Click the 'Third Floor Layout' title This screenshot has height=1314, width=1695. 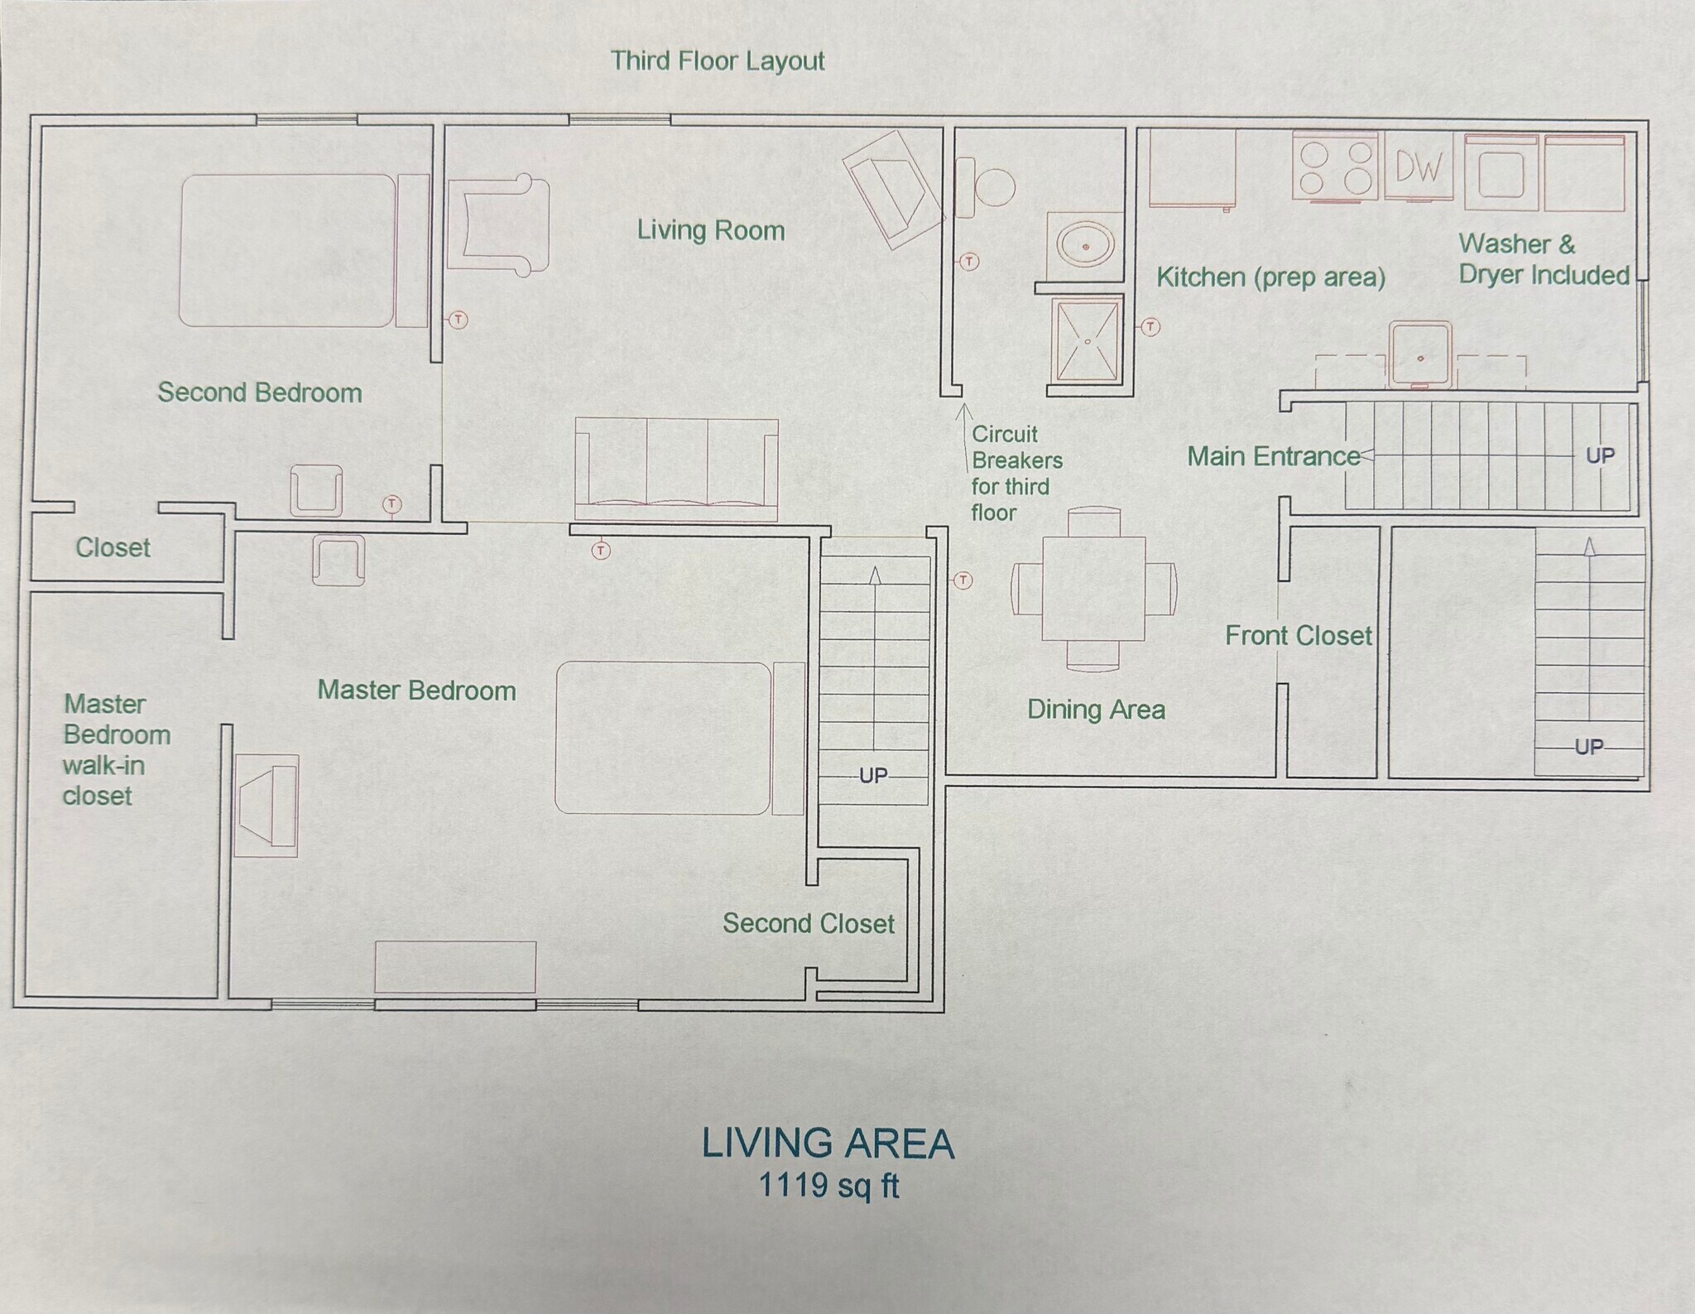(718, 61)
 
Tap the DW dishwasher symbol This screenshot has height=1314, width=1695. (1419, 168)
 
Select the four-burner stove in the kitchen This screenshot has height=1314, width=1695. (1334, 169)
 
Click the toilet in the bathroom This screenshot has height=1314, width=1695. (985, 188)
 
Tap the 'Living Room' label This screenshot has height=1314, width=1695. (710, 230)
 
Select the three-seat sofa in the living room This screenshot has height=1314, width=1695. (677, 470)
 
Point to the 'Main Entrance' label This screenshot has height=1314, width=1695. (1273, 456)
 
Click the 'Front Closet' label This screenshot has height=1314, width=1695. (1299, 635)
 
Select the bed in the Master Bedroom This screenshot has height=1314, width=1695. (679, 738)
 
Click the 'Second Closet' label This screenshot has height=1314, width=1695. (809, 923)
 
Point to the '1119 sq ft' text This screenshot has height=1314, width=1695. (828, 1186)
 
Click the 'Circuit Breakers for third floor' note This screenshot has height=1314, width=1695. (1016, 473)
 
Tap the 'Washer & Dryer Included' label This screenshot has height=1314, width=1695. (1544, 259)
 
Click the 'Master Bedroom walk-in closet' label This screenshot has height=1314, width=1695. (117, 749)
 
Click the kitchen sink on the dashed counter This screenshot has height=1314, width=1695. (1420, 354)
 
